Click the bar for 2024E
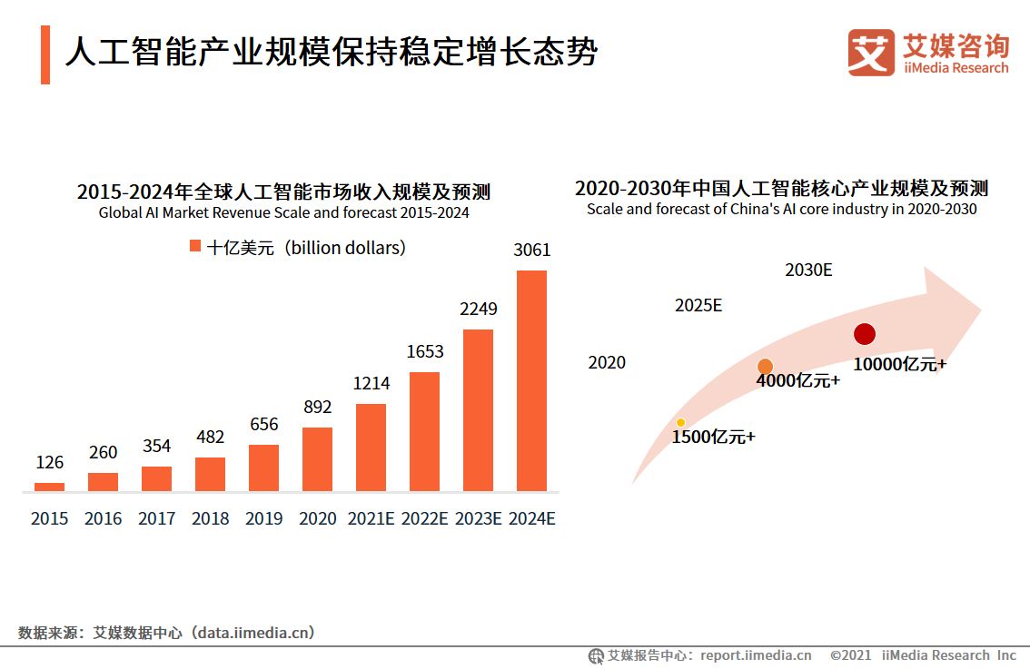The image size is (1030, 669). (531, 381)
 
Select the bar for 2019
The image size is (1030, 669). (263, 468)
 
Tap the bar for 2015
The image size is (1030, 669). (49, 487)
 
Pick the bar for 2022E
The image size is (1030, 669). (424, 432)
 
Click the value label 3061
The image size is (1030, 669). (531, 250)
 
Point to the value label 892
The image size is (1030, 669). (317, 407)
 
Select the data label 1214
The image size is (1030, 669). (371, 383)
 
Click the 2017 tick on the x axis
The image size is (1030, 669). (157, 518)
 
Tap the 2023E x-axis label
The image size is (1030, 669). (478, 518)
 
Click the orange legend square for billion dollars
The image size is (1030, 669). (194, 247)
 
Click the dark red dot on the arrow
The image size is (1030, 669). (864, 334)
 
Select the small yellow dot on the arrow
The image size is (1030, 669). (680, 422)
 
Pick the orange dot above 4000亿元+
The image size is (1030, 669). (765, 366)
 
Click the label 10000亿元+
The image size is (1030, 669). (899, 364)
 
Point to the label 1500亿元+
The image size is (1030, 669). (713, 438)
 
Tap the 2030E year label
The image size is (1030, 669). (808, 270)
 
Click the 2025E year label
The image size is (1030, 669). (698, 305)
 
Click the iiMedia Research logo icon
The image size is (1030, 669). (871, 54)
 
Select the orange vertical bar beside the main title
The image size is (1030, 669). (45, 54)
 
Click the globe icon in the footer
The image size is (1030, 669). (596, 655)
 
